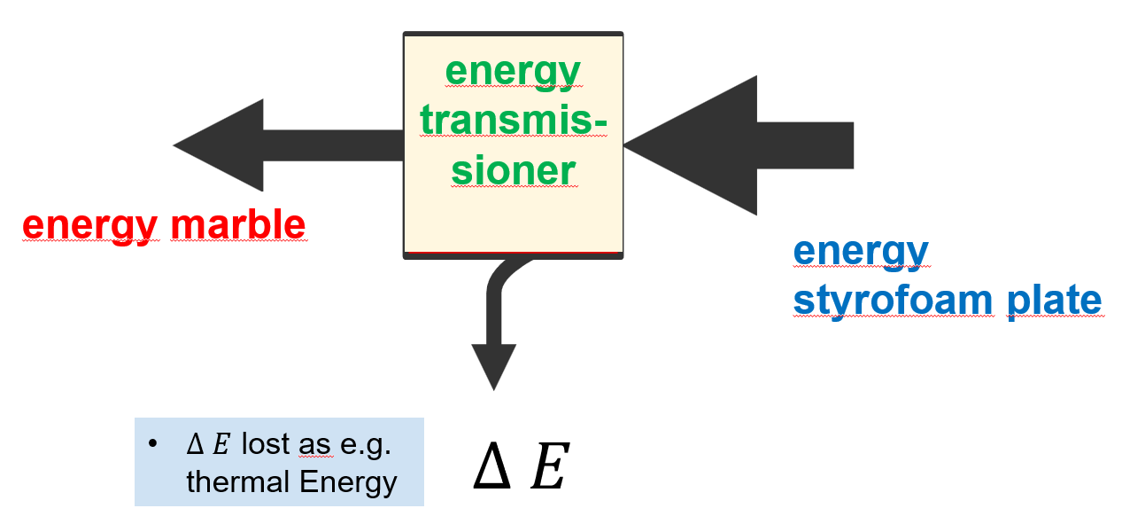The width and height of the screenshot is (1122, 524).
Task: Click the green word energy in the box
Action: (x=513, y=72)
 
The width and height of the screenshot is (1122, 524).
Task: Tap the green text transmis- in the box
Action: (x=513, y=121)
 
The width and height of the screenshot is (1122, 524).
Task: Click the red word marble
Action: (x=237, y=225)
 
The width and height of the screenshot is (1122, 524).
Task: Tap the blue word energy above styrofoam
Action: (x=861, y=251)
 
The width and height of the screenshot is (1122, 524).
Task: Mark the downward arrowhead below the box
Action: (x=493, y=364)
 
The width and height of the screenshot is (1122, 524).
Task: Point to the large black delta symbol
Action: (x=491, y=470)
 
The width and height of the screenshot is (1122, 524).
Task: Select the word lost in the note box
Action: (x=267, y=445)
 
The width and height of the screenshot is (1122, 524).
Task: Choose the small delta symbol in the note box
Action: (x=196, y=445)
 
